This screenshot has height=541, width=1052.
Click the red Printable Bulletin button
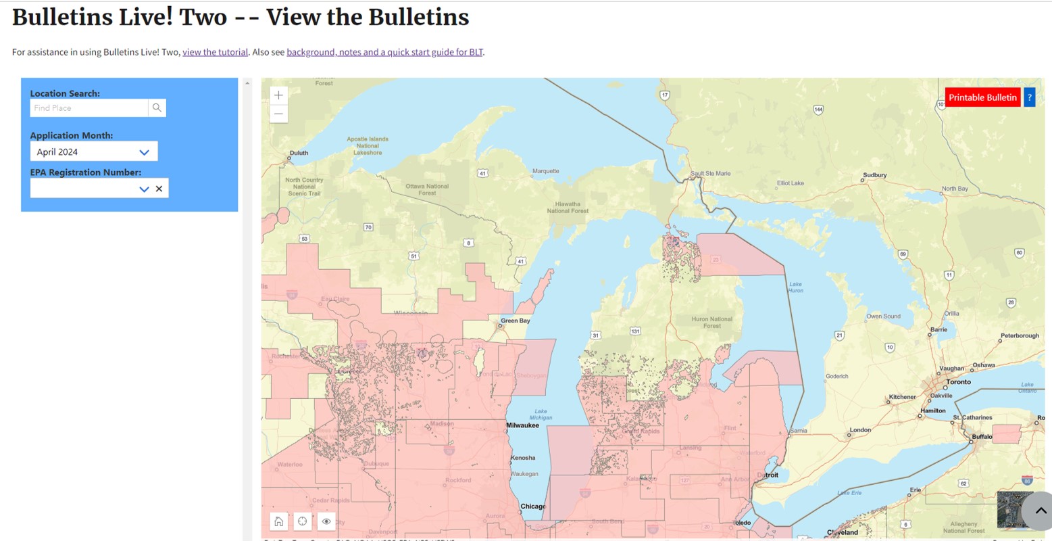pos(982,97)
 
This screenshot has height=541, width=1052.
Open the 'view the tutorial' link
pos(215,52)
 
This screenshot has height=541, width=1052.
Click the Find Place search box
pos(89,108)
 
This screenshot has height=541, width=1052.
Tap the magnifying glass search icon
pos(157,108)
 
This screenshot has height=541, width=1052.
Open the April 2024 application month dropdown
pos(94,151)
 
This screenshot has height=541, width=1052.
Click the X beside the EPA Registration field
pos(159,189)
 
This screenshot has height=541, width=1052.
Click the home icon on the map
pos(278,521)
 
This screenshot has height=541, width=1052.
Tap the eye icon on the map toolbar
pos(326,521)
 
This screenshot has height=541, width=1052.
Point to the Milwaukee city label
pos(523,425)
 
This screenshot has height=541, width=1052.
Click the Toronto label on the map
pos(958,382)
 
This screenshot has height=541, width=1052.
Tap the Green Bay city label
pos(516,321)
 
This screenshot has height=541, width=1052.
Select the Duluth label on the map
pos(299,153)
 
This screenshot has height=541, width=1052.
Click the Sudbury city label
pos(874,175)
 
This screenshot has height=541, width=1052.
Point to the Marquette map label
pos(546,171)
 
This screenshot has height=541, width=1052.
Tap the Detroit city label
pos(768,475)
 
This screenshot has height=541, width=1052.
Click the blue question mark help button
pos(1030,97)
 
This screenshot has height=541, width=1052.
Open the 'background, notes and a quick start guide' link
pos(384,52)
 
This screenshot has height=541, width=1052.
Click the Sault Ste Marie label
pos(711,174)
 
